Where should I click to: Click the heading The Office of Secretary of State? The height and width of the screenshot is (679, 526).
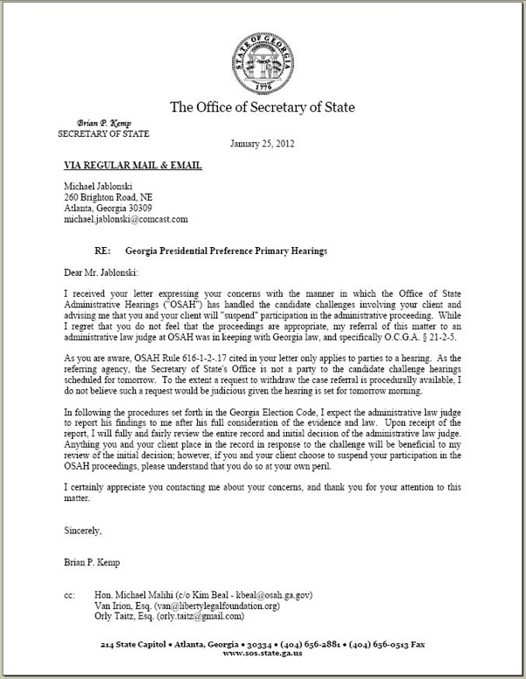[262, 107]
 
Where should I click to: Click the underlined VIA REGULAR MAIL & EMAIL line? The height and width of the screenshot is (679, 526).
[133, 165]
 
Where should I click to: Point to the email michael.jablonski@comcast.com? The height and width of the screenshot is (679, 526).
[126, 219]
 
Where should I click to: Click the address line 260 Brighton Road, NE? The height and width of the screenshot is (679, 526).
[108, 197]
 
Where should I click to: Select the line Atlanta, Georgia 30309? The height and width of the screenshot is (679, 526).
[107, 208]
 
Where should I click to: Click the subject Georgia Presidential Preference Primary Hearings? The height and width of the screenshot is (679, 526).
[226, 250]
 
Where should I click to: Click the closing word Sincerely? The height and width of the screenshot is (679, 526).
[84, 530]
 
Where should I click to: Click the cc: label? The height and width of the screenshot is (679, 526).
[70, 594]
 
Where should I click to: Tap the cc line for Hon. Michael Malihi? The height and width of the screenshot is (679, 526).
[202, 594]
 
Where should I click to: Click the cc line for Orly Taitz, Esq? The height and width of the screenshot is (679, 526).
[169, 615]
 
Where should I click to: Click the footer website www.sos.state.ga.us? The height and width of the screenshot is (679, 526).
[262, 653]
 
